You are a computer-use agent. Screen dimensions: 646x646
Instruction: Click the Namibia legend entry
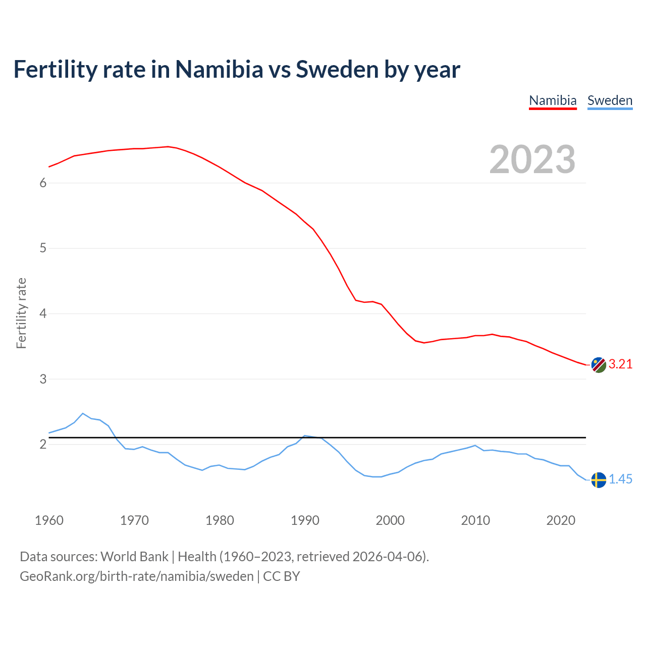(x=553, y=100)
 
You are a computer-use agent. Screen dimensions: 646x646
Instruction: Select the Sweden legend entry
(x=610, y=100)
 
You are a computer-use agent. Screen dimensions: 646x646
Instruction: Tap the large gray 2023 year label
(x=532, y=159)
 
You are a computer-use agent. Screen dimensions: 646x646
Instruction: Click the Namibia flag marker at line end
(x=599, y=365)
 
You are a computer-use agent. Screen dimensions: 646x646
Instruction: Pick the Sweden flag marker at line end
(x=599, y=479)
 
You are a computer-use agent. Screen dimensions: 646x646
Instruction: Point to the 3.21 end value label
(x=620, y=364)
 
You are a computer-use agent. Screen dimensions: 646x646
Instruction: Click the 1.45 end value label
(x=620, y=479)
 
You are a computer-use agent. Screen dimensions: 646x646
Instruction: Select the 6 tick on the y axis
(x=43, y=183)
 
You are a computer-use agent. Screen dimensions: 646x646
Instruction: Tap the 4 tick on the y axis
(x=43, y=313)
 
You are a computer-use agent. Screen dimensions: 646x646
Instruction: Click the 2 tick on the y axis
(x=43, y=444)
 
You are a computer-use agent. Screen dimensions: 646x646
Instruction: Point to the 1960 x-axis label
(x=49, y=520)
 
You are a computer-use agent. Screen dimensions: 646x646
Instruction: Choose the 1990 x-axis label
(x=305, y=520)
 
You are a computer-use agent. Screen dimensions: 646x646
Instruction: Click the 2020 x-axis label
(x=561, y=520)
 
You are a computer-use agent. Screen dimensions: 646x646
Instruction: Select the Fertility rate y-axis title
(x=21, y=313)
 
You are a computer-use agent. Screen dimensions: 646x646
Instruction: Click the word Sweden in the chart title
(x=337, y=70)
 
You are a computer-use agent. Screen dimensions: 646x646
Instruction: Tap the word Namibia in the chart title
(x=219, y=70)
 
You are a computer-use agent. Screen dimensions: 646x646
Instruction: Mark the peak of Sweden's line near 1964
(x=83, y=413)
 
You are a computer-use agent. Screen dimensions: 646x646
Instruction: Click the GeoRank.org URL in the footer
(x=136, y=576)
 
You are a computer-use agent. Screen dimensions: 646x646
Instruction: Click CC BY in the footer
(x=282, y=576)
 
